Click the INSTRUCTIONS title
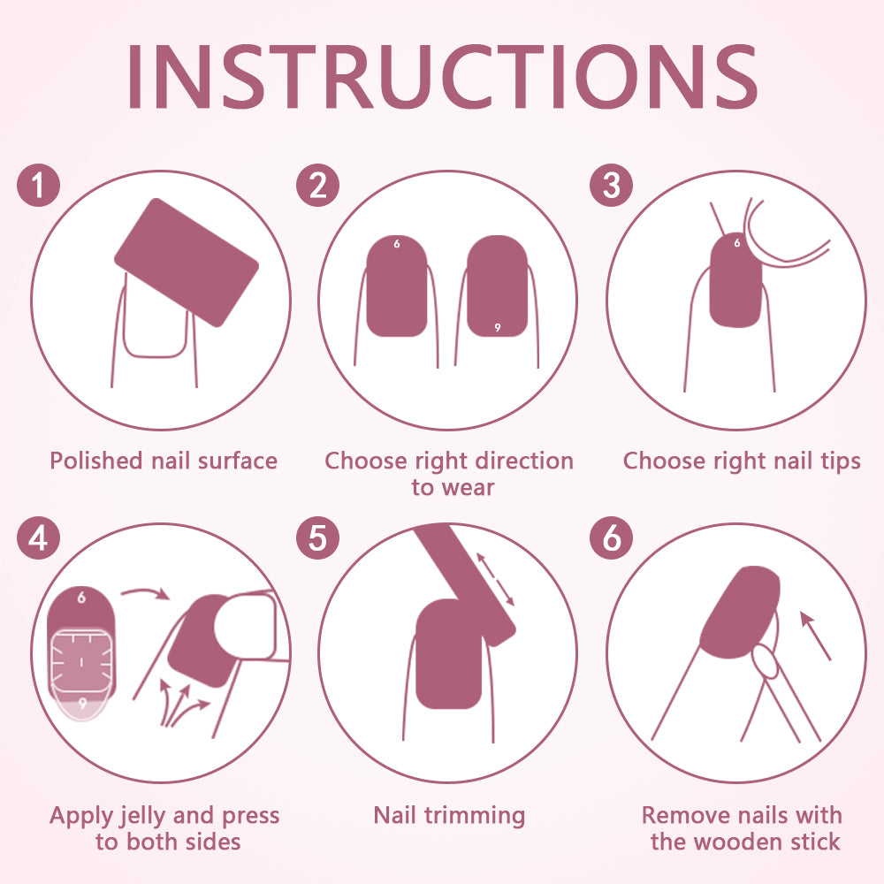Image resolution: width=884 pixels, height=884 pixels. pyautogui.click(x=443, y=76)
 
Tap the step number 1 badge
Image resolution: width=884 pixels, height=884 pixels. pyautogui.click(x=38, y=185)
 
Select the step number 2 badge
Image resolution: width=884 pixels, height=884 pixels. pyautogui.click(x=318, y=185)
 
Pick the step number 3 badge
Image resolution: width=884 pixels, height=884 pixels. pyautogui.click(x=611, y=185)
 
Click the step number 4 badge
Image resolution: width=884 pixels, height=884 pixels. pyautogui.click(x=38, y=537)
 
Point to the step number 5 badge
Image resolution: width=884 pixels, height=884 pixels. pyautogui.click(x=318, y=537)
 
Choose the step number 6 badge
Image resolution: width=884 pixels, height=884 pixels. pyautogui.click(x=611, y=537)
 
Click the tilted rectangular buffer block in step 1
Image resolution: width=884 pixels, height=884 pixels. pyautogui.click(x=187, y=263)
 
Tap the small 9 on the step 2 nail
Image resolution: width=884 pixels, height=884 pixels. pyautogui.click(x=497, y=328)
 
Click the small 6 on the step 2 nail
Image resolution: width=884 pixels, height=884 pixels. pyautogui.click(x=397, y=244)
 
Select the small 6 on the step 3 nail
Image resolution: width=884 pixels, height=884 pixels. pyautogui.click(x=737, y=243)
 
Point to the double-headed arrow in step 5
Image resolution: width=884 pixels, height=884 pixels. pyautogui.click(x=496, y=580)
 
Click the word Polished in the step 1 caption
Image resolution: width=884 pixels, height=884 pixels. pyautogui.click(x=96, y=461)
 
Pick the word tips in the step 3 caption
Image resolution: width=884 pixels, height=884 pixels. pyautogui.click(x=840, y=461)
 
